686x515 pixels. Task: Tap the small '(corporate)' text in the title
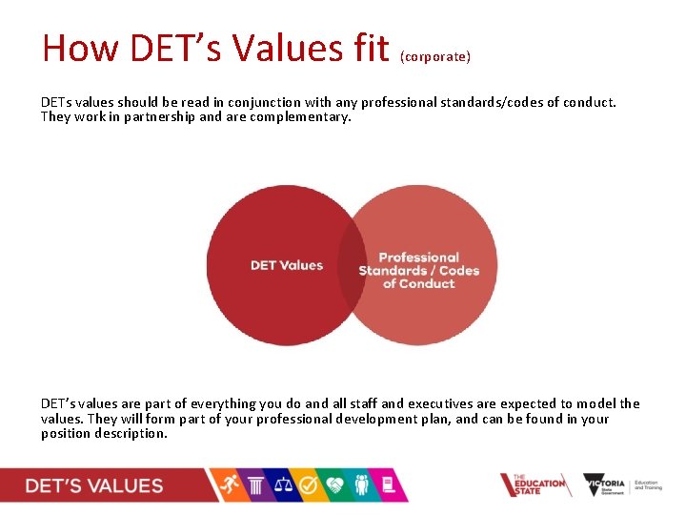(435, 57)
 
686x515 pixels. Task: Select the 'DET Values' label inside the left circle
(287, 265)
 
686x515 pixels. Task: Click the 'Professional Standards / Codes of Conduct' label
(418, 270)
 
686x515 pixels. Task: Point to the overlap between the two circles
(353, 265)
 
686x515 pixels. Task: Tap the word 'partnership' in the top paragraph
(161, 117)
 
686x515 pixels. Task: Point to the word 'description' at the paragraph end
(132, 434)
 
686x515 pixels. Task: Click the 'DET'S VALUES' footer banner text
(94, 485)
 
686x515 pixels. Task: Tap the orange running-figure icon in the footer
(229, 484)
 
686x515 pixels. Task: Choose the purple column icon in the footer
(255, 484)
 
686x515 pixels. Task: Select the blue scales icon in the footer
(283, 484)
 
